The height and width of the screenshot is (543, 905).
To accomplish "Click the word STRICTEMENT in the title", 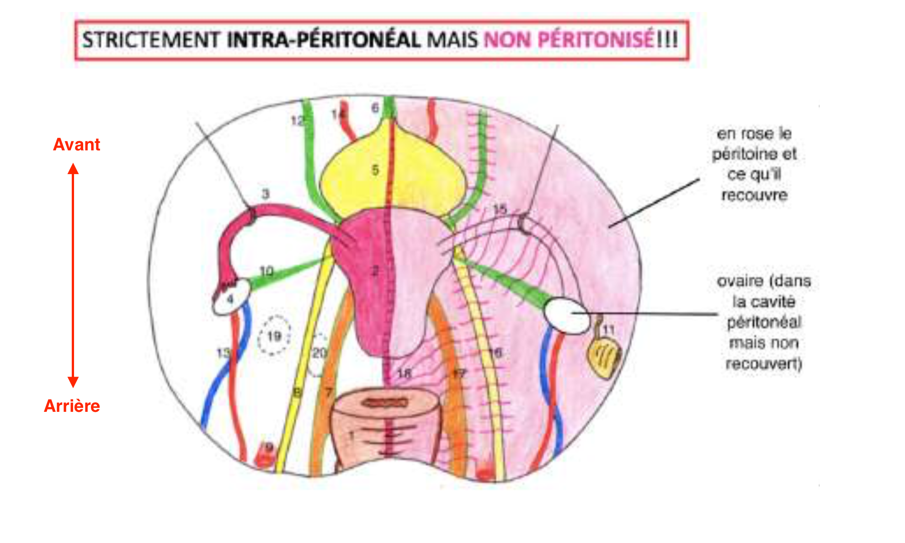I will pos(151,40).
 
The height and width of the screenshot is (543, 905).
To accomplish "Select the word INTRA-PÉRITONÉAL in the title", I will pos(324,40).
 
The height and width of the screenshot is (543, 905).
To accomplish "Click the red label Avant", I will pos(76,144).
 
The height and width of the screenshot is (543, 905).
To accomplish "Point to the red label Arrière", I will pos(72,406).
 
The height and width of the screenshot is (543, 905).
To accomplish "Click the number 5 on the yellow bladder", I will pos(375,170).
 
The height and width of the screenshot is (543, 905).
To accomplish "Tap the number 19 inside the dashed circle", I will pos(274,337).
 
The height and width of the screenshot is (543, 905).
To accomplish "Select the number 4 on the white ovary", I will pos(230,299).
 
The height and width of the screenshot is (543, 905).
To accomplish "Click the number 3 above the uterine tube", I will pos(266,194).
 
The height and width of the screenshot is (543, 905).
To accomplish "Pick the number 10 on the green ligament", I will pos(266,271).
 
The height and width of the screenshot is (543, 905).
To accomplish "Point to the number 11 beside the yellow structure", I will pos(609,330).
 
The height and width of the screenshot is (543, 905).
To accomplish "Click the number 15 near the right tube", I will pos(500,210).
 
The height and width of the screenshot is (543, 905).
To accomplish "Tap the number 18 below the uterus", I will pos(405,373).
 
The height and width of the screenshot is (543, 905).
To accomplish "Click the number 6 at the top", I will pos(375,108).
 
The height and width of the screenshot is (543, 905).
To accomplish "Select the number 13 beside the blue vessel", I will pos(223,353).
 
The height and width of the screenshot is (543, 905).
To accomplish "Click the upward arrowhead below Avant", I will pos(73,169).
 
